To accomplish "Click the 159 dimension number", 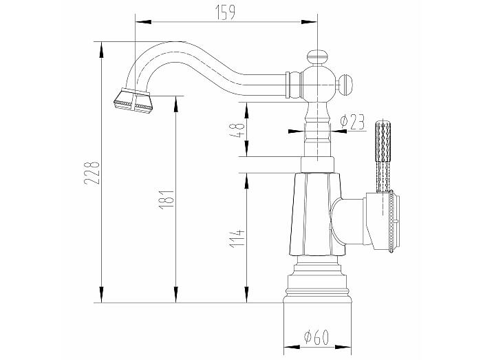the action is tap(226, 12).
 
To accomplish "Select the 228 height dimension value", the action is tap(92, 173).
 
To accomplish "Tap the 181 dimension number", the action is tap(167, 200).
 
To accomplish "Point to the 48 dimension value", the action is tap(237, 130).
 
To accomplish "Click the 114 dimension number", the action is tap(237, 238).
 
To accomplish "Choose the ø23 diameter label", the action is tap(352, 122).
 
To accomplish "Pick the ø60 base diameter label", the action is tap(316, 337).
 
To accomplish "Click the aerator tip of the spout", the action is tap(133, 100).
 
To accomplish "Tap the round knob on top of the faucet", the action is tap(317, 58).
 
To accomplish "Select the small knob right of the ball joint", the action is tap(346, 84).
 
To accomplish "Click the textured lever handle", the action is tap(383, 156).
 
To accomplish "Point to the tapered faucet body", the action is tap(317, 214).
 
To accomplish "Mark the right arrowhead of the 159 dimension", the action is tap(309, 22).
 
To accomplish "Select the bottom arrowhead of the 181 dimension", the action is tap(176, 294).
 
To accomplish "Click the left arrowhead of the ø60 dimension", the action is tap(292, 347).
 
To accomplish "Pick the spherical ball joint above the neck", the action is tap(317, 83).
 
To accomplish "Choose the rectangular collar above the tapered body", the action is tap(317, 165).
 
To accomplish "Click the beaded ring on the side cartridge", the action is tap(391, 222).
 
